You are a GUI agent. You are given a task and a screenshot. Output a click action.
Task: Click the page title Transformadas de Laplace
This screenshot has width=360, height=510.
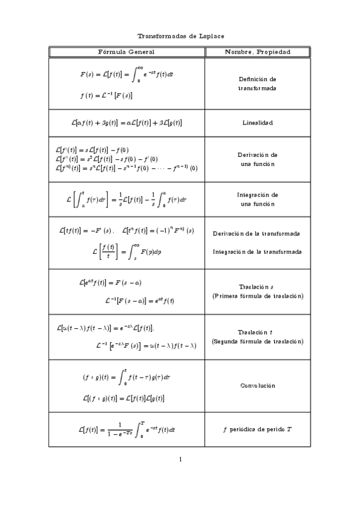click(x=180, y=36)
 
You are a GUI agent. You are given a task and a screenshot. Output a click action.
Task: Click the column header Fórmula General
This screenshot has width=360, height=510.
click(x=126, y=52)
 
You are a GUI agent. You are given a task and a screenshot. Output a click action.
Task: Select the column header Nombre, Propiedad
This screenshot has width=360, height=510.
click(x=257, y=52)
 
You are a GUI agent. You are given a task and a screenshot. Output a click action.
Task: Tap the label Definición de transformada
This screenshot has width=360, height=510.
click(x=257, y=84)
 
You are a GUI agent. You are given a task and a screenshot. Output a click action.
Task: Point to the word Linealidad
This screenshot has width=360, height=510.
click(x=257, y=123)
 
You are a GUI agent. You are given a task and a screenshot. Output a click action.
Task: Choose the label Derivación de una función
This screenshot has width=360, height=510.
click(x=257, y=159)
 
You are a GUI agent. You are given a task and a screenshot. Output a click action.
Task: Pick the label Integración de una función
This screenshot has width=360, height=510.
click(x=257, y=199)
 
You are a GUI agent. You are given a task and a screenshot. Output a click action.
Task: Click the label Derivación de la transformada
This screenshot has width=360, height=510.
click(x=257, y=233)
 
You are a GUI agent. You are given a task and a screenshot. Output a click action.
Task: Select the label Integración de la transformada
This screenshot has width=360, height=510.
click(x=257, y=251)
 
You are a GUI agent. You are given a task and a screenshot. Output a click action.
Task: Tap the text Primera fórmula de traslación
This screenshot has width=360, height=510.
click(x=257, y=296)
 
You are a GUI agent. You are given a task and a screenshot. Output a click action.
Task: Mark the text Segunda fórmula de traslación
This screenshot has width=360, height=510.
click(x=257, y=341)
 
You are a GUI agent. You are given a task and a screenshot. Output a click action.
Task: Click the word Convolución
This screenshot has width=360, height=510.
click(x=257, y=386)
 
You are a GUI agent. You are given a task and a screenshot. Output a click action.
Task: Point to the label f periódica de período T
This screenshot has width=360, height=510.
click(x=257, y=429)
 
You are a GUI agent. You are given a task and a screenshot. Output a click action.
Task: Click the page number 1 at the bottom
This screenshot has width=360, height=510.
click(x=180, y=460)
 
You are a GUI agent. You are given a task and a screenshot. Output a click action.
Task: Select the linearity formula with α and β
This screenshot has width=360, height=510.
click(x=126, y=123)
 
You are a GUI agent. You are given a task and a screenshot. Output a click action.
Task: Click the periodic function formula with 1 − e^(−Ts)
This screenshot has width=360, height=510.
click(x=126, y=429)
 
